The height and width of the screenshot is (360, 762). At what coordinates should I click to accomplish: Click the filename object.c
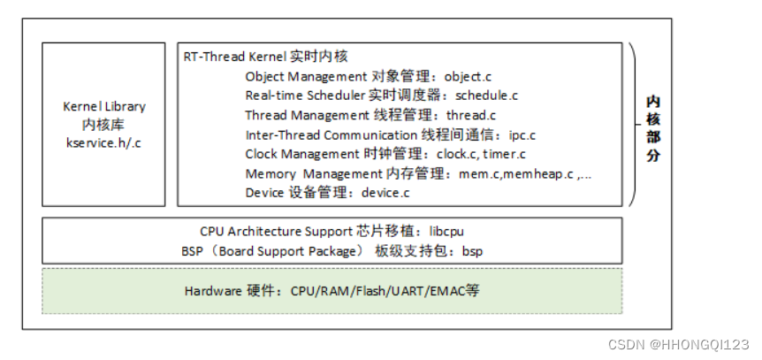474,77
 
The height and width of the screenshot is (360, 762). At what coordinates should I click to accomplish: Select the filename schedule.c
486,96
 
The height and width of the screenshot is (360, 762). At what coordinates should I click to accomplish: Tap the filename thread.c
471,115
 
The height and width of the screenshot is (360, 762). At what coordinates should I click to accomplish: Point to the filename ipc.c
522,134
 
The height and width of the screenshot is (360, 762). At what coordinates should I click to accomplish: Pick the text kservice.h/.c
103,142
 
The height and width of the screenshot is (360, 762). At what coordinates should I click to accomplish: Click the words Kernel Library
103,106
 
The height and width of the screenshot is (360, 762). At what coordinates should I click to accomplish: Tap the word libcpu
446,231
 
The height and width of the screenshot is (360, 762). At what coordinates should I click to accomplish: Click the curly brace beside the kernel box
636,125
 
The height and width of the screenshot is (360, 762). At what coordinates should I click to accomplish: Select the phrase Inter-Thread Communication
330,134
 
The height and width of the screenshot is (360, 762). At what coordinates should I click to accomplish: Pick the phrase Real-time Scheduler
302,96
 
